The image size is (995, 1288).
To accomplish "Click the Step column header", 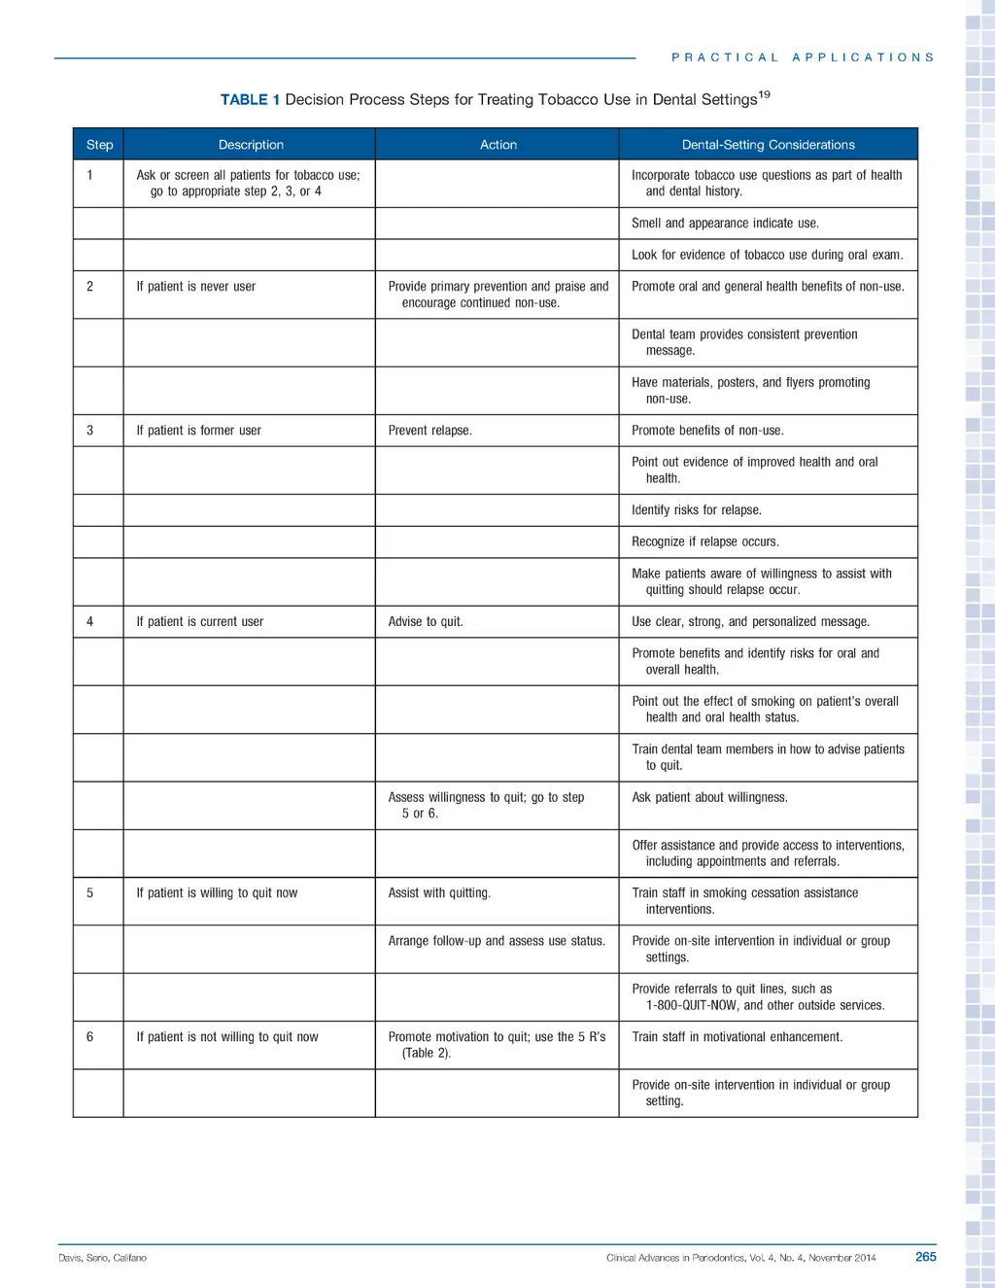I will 99,145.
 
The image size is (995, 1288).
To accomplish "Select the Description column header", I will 251,145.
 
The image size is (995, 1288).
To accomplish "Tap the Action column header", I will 497,145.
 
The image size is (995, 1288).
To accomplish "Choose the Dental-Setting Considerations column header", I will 768,145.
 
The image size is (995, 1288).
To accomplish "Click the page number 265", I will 925,1257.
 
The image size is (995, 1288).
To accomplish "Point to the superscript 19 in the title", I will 764,94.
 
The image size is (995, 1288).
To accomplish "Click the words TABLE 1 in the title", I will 250,100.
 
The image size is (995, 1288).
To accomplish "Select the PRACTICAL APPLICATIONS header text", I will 803,58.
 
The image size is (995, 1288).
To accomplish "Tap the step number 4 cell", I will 90,622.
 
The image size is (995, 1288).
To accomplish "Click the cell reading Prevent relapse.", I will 429,431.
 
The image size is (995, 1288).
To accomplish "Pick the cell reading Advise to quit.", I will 425,622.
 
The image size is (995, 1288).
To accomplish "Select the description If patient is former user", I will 198,431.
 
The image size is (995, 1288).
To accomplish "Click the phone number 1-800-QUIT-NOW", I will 691,1006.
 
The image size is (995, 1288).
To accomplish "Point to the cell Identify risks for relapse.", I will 696,510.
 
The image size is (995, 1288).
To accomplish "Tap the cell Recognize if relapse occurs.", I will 704,542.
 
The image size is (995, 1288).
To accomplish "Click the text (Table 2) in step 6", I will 427,1054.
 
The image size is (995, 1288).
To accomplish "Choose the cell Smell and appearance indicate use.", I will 725,224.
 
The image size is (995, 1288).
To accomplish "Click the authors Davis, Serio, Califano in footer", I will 102,1258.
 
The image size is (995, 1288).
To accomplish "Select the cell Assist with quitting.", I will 439,893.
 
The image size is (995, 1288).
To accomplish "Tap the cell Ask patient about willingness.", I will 709,798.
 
